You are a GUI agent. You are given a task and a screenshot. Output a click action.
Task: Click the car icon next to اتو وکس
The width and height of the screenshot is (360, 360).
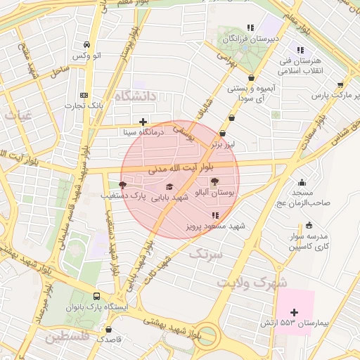click(86, 43)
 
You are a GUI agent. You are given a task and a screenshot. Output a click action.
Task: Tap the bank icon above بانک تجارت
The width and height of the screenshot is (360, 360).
click(84, 95)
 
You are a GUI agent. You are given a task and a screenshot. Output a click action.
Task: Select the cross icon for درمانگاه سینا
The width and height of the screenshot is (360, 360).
click(143, 122)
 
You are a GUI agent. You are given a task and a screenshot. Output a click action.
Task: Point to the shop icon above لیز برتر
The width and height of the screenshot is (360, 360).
click(223, 133)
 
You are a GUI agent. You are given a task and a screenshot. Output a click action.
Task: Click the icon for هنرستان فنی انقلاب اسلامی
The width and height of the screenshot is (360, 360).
click(300, 50)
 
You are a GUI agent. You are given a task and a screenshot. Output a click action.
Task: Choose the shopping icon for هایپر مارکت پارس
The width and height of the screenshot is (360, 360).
click(341, 84)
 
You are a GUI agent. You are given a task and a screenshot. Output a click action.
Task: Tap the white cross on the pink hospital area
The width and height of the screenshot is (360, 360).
click(294, 311)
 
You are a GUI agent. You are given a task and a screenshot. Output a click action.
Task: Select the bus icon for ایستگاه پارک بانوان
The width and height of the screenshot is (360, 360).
click(96, 296)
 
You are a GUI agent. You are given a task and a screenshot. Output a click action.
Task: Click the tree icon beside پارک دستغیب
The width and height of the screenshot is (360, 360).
click(123, 186)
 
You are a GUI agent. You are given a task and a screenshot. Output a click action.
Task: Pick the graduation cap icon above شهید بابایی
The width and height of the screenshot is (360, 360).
click(169, 186)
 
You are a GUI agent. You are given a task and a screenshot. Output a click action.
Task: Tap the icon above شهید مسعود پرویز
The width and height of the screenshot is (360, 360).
click(215, 215)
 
